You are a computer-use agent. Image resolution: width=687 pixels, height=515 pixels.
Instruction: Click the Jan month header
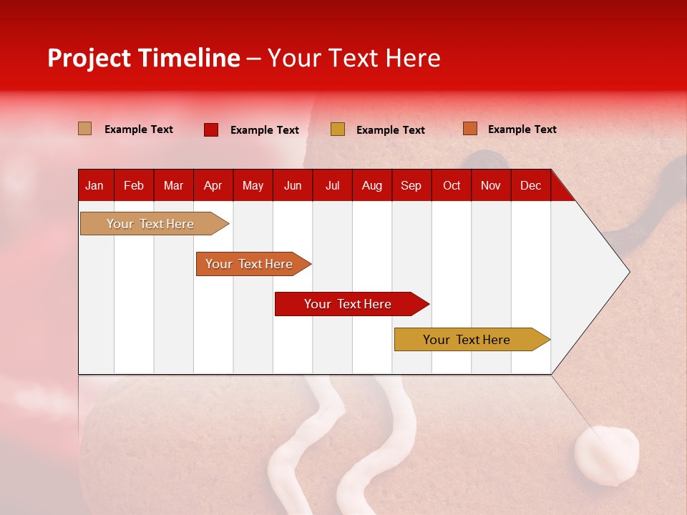point(94,185)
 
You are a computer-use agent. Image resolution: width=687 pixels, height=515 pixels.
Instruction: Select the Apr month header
point(213,185)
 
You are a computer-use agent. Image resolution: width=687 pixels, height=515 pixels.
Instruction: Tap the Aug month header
point(371,185)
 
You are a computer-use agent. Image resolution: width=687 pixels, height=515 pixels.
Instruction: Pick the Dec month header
point(530,185)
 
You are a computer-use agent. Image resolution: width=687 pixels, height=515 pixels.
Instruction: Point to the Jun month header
point(292,185)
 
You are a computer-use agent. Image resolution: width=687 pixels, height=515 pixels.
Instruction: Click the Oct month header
point(451,185)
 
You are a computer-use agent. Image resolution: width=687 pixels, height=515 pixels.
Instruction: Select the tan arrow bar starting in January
point(150,224)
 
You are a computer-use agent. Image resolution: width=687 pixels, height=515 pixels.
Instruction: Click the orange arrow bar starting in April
point(249,264)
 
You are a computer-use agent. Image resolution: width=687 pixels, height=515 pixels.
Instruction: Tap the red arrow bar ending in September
point(348,304)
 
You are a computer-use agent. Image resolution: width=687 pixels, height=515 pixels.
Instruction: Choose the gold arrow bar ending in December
point(467,340)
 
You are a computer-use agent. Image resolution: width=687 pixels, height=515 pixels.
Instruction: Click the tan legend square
point(84,129)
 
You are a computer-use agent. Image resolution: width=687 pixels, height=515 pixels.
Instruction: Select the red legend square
point(210,129)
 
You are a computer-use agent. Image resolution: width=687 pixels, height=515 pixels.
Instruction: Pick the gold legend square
point(337,129)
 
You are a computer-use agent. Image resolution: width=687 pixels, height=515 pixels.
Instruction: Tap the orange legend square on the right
point(469,129)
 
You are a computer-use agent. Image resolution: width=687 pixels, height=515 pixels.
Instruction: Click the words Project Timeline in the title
point(143,58)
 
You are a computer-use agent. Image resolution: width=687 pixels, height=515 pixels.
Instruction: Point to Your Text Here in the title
point(354,58)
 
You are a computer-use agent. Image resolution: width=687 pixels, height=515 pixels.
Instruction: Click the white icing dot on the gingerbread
point(607,456)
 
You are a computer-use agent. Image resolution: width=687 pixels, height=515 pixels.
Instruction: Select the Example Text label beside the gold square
point(390,129)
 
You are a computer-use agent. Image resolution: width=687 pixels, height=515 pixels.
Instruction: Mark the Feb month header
point(133,185)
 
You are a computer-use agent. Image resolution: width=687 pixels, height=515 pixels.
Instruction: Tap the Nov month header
point(490,185)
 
